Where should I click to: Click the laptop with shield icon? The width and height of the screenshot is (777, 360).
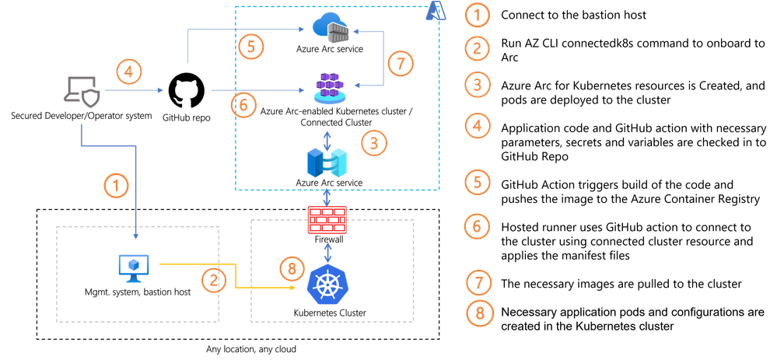tap(81, 92)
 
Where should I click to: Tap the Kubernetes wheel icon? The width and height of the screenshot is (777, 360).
tap(327, 285)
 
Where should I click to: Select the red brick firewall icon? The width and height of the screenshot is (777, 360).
tap(327, 220)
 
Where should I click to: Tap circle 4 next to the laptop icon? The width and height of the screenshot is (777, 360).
tap(129, 73)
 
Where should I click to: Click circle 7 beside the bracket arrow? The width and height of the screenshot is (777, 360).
tap(401, 63)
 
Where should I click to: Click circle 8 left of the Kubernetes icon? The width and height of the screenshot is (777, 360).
tap(292, 269)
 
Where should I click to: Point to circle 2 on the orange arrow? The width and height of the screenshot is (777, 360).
tap(213, 280)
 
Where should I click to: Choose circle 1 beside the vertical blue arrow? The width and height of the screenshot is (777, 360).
tap(116, 185)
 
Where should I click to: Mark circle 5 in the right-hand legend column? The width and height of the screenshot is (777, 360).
tap(477, 182)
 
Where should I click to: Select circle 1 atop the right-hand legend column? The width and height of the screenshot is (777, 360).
tap(477, 13)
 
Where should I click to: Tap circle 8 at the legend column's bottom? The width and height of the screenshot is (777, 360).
tap(477, 313)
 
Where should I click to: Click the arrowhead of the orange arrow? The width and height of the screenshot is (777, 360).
tap(294, 288)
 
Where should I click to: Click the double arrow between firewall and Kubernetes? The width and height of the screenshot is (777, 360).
tap(327, 250)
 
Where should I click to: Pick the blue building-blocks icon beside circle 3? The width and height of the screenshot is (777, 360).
tap(327, 161)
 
